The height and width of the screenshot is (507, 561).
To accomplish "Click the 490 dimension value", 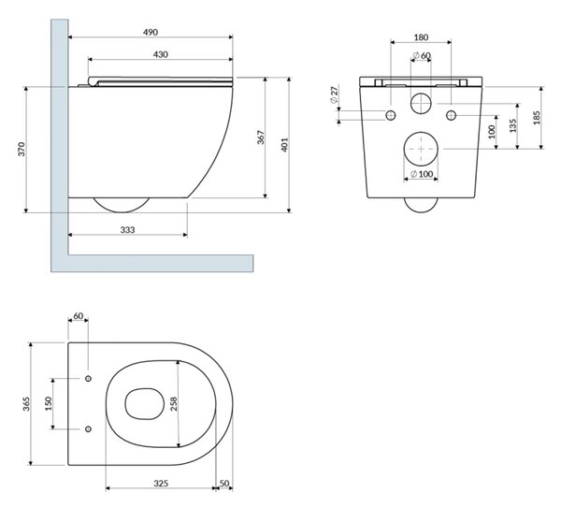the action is tap(151, 32).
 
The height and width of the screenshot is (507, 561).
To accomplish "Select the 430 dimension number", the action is tap(160, 54).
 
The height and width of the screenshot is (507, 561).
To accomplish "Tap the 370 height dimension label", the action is tap(22, 149).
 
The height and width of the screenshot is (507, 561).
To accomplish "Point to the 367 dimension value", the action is tap(261, 138).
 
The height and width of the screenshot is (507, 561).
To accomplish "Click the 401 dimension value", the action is tap(285, 145).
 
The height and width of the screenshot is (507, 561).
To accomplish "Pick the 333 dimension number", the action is tap(127, 230).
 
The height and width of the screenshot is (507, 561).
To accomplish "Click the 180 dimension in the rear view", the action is tap(421, 37).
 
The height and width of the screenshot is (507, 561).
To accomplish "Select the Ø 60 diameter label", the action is tap(422, 55).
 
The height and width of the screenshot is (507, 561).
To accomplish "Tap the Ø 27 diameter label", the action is tap(334, 94).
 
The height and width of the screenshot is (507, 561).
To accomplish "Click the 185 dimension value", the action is tap(537, 118).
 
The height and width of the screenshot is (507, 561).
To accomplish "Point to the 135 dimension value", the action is tap(513, 125).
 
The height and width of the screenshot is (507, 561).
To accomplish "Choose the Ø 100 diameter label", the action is tap(422, 174).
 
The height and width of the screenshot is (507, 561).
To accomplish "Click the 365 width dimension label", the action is tap(26, 403).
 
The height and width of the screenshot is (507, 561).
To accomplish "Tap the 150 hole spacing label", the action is tap(49, 403).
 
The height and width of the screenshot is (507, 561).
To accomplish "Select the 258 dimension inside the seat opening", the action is tap(174, 403).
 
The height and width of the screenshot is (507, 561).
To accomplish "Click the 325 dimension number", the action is tap(161, 484).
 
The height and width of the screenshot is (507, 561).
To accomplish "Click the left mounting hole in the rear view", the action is tap(391, 115).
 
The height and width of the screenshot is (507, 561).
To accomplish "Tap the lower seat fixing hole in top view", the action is tap(88, 428).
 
